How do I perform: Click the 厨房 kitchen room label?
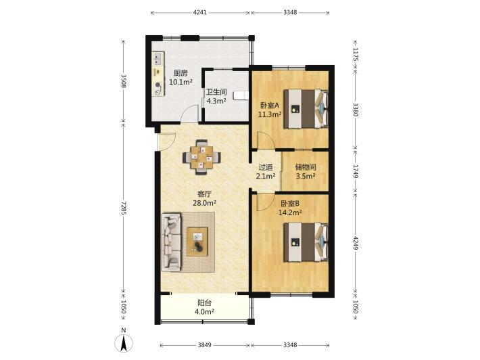[x=181, y=73]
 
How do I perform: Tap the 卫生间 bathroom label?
[x=216, y=91]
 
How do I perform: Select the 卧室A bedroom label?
[x=270, y=106]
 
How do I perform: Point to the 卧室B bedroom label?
[x=290, y=204]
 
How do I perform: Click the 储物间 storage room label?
[x=306, y=167]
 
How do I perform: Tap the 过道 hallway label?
[x=266, y=167]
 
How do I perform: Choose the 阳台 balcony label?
[x=204, y=303]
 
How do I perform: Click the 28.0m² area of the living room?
[x=204, y=203]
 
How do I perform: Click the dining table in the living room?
[x=201, y=158]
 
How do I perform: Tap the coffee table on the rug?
[x=197, y=242]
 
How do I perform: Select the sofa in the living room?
[x=172, y=242]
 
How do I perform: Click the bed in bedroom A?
[x=306, y=108]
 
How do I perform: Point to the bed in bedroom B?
[x=306, y=242]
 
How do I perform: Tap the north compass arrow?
[x=124, y=344]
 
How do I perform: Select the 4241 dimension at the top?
[x=200, y=13]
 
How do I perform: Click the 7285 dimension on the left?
[x=123, y=208]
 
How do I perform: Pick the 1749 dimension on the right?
[x=355, y=171]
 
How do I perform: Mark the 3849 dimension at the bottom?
[x=204, y=345]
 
